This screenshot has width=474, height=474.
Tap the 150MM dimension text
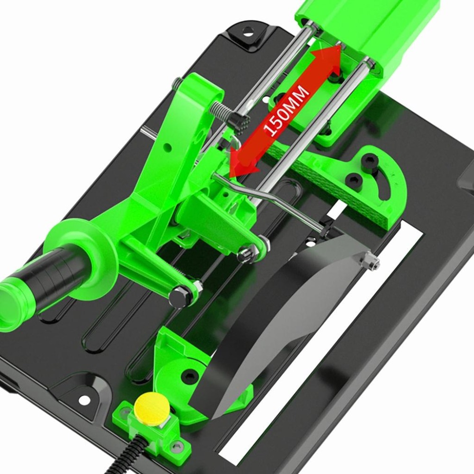click(286, 110)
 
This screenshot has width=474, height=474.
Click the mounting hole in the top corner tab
click(248, 31)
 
